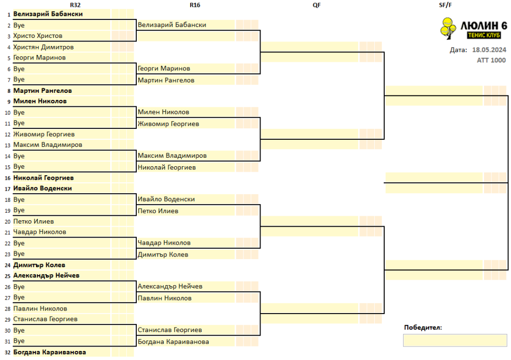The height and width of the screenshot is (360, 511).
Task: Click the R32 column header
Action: coord(75,5)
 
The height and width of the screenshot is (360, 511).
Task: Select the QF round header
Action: coord(316,5)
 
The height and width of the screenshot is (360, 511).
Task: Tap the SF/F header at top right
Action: coord(445,5)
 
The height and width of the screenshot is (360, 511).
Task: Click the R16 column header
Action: coord(195,5)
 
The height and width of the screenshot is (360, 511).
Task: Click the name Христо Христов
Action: coord(38,36)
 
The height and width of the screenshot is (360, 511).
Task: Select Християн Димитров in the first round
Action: coord(43,47)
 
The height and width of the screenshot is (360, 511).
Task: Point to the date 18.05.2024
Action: coord(489,49)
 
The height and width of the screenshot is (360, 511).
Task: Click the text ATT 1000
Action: coord(492,60)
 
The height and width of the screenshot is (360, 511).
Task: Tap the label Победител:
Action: coord(423,328)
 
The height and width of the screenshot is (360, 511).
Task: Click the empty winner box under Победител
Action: coord(455,341)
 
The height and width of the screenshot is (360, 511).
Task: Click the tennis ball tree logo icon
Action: coord(448,28)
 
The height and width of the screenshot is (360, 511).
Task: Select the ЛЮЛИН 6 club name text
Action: coord(484,25)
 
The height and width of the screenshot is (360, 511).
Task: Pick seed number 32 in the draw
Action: coord(7,353)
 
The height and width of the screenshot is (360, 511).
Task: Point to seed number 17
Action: coord(7,189)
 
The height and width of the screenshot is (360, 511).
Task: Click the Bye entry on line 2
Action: coord(19,25)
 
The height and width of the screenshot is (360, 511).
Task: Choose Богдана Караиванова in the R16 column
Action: coord(173,342)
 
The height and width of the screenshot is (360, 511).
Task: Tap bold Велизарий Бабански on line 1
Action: coord(48,14)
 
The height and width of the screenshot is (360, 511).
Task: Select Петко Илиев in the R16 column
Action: coord(158,211)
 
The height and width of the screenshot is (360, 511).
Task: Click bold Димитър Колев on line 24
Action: coord(39,265)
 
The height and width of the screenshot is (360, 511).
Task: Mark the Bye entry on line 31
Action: coord(19,341)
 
